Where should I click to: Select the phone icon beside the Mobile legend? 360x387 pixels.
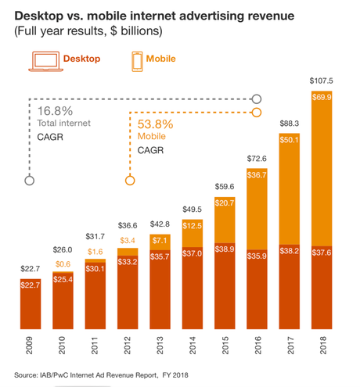(x=139, y=59)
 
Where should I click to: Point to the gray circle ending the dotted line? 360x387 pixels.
(x=30, y=180)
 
